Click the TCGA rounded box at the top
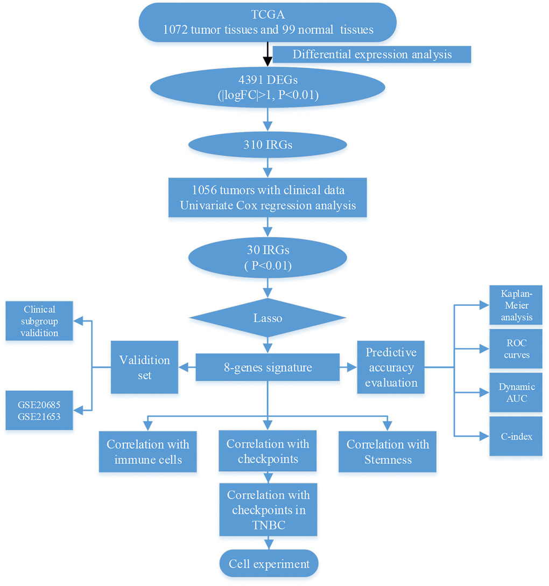click(268, 22)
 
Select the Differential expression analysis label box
click(372, 54)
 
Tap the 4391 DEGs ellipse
click(268, 88)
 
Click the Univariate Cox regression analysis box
click(268, 197)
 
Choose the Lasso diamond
click(268, 318)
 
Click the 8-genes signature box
click(268, 368)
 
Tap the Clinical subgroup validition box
click(39, 321)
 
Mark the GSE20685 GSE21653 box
click(39, 410)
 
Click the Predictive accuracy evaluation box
click(391, 367)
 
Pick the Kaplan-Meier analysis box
click(516, 305)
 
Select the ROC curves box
click(516, 348)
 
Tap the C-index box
click(516, 436)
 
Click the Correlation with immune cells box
click(147, 451)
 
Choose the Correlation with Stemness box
click(388, 451)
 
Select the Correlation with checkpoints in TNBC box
click(268, 510)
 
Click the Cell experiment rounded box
click(269, 564)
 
